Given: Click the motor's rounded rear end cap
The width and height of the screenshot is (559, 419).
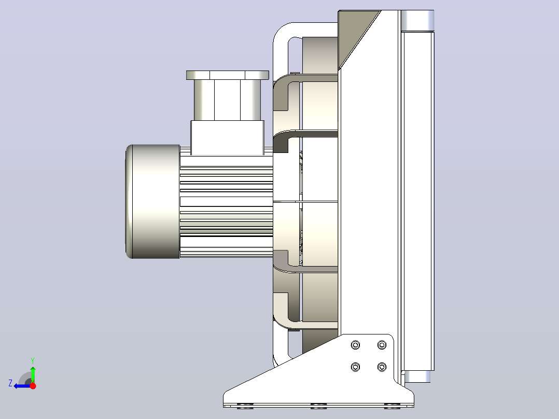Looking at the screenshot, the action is pos(152,202).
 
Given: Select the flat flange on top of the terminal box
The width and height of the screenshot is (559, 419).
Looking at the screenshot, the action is pos(228,75).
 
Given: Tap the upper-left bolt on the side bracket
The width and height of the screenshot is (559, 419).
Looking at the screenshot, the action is pos(355,345).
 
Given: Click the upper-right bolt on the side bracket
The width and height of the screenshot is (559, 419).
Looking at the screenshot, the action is pos(382,345).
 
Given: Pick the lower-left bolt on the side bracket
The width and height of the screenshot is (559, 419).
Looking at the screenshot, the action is pos(355,367).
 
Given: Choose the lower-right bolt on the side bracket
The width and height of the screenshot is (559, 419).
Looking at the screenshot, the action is pos(382,367).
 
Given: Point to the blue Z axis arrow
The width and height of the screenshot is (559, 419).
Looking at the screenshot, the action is pos(22,386).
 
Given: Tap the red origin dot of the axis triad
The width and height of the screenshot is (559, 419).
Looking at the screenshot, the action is pos(33,386).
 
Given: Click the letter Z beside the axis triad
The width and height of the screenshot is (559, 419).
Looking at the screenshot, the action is pos(10,383).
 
